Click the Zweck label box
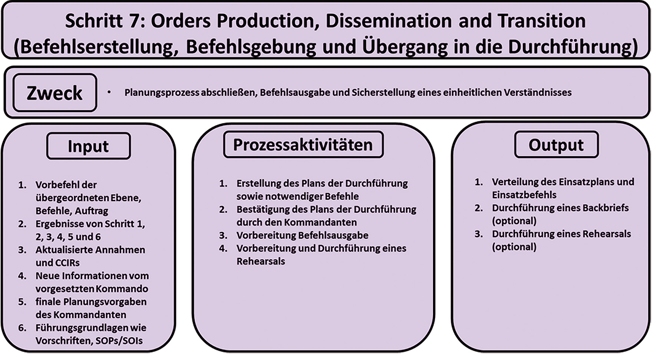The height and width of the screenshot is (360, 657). tap(55, 93)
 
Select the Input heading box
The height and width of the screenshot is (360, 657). tap(89, 146)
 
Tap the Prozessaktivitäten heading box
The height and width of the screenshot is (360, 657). tap(303, 145)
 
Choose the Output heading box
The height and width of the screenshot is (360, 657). tap(556, 145)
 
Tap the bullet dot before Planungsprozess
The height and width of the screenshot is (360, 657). tap(109, 92)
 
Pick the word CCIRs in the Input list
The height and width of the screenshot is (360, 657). tap(67, 263)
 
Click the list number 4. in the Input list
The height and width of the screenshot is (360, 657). tap(22, 276)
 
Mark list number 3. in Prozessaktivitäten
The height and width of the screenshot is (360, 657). tap(223, 235)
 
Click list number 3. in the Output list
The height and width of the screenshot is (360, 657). tap(479, 234)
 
